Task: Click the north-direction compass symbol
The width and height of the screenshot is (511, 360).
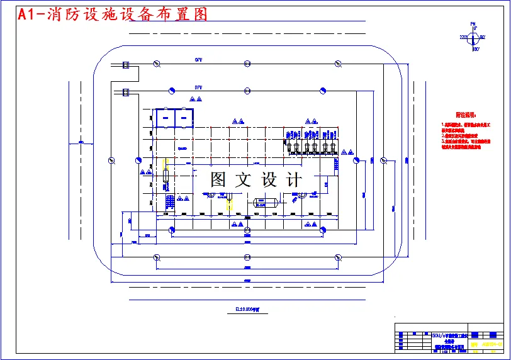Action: pyautogui.click(x=473, y=38)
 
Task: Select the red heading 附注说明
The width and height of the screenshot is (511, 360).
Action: pyautogui.click(x=467, y=115)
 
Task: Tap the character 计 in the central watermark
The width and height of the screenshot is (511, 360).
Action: pyautogui.click(x=294, y=180)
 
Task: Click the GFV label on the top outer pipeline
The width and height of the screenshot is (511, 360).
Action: pyautogui.click(x=198, y=60)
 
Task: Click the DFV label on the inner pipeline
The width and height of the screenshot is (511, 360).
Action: pyautogui.click(x=198, y=87)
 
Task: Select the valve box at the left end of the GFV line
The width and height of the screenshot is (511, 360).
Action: pyautogui.click(x=125, y=64)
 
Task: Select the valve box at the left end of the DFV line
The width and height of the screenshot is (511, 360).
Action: pyautogui.click(x=125, y=93)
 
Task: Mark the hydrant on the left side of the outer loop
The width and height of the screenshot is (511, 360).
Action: pyautogui.click(x=111, y=159)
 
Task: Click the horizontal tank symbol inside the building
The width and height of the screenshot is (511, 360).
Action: pyautogui.click(x=265, y=202)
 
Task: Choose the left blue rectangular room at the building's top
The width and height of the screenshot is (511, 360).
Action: pyautogui.click(x=165, y=116)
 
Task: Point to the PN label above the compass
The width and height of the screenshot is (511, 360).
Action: pyautogui.click(x=473, y=24)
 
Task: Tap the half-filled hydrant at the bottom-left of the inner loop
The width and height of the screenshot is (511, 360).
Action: pyautogui.click(x=172, y=230)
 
